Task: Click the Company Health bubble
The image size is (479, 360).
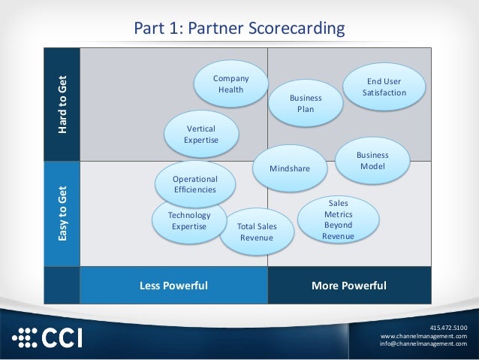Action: click(x=230, y=84)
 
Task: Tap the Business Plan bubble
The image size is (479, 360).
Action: click(x=306, y=104)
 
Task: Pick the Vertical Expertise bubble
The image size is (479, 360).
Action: click(x=200, y=134)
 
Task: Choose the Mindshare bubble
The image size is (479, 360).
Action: click(x=290, y=169)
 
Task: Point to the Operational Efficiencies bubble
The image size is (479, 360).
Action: click(x=194, y=184)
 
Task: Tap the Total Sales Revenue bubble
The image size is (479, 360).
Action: click(x=256, y=231)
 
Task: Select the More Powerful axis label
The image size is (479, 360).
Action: click(x=349, y=286)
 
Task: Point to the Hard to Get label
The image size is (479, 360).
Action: click(x=62, y=105)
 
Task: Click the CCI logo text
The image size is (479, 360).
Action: click(x=63, y=337)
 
